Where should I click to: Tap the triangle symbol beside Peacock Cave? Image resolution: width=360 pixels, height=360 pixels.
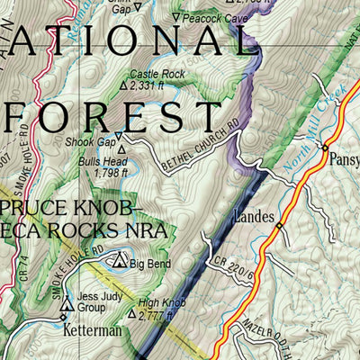[x=177, y=18]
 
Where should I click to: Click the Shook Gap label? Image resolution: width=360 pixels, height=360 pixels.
[x=88, y=139]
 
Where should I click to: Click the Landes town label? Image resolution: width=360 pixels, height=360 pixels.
[x=255, y=217]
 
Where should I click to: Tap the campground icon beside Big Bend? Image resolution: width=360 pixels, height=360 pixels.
[x=119, y=262]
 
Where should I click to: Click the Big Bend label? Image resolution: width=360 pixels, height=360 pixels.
[x=149, y=264]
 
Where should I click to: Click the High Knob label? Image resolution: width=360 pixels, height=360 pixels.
[x=157, y=302]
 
